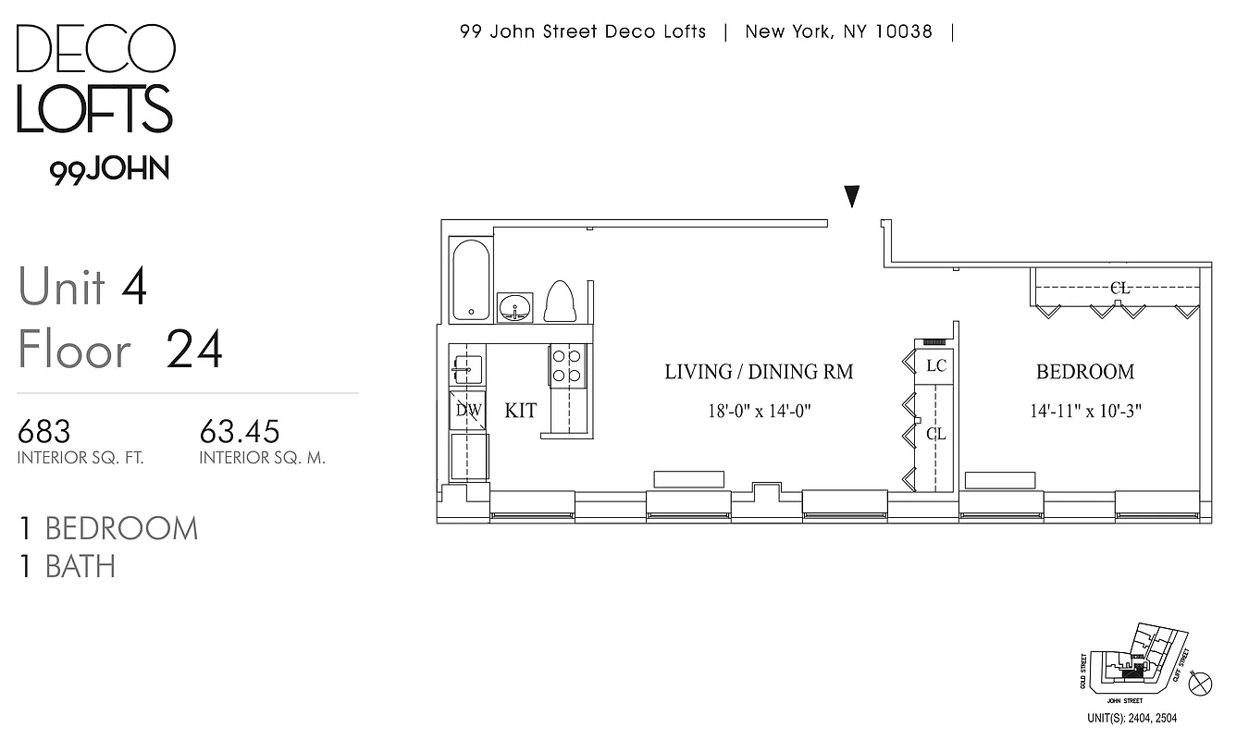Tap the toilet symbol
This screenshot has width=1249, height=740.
click(x=560, y=302)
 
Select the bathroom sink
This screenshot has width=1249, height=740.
click(x=514, y=307)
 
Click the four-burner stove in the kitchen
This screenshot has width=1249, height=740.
click(x=566, y=365)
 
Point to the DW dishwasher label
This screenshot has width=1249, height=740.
click(x=468, y=411)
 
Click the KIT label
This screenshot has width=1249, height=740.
click(x=520, y=411)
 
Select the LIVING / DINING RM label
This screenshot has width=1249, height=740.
click(x=759, y=372)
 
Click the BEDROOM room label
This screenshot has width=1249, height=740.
click(x=1084, y=372)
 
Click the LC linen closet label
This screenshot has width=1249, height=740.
click(x=935, y=366)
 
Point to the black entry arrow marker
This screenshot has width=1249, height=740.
click(x=852, y=196)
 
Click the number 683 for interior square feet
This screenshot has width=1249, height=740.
click(x=44, y=431)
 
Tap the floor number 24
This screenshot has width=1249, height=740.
click(x=194, y=351)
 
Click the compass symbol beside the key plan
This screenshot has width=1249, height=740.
click(x=1201, y=684)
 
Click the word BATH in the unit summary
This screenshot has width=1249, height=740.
click(x=80, y=566)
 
